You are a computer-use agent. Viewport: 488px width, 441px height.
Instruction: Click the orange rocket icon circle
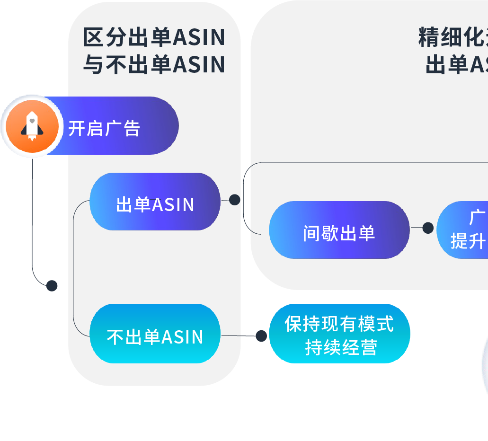coord(32,127)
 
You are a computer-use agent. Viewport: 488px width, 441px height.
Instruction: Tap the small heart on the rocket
coord(32,121)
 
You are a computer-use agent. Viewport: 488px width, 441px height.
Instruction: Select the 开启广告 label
coord(104,128)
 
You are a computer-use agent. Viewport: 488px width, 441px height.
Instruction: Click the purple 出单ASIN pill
coord(155,204)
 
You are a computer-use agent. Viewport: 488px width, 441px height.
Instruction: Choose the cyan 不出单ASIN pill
coord(155,336)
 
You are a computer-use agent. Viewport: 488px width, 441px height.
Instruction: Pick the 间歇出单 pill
coord(339,232)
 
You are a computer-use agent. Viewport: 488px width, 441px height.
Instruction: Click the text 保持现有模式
coord(339,324)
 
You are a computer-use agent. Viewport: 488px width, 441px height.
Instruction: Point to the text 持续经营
coord(341,347)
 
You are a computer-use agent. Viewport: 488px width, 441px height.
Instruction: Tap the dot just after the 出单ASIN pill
coord(234,200)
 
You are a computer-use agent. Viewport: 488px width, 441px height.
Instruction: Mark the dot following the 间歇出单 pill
coord(428,228)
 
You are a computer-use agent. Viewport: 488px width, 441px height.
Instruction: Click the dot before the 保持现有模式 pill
coord(261,336)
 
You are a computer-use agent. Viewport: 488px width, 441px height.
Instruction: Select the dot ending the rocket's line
coord(52,286)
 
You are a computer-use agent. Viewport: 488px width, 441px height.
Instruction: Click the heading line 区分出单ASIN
coord(154,38)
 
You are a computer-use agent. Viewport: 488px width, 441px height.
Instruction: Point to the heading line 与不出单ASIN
coord(154,65)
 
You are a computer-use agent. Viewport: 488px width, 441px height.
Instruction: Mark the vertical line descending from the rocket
coord(32,213)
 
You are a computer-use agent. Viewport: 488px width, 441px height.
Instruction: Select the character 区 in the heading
coord(93,38)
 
